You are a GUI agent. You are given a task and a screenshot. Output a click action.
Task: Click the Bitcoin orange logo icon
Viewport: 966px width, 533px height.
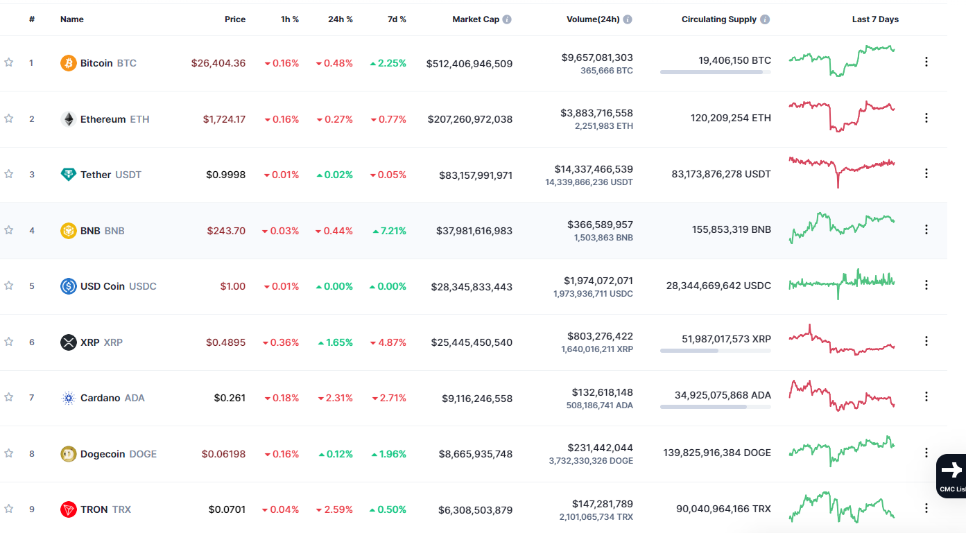coord(69,63)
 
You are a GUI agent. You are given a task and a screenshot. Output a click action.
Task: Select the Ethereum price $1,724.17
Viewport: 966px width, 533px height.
coord(224,119)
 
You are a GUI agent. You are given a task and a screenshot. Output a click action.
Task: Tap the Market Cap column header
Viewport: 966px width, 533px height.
coord(475,19)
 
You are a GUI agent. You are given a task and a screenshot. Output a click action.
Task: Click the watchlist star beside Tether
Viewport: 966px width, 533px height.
coord(9,174)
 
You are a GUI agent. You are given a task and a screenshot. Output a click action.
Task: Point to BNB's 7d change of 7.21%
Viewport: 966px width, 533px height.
coord(389,231)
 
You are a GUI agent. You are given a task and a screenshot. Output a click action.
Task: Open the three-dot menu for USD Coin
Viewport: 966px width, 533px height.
coord(926,285)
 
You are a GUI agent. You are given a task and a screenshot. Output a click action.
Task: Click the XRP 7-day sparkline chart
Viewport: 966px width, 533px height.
coord(841,341)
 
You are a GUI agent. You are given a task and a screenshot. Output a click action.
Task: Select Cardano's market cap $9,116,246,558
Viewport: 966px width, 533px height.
coord(477,399)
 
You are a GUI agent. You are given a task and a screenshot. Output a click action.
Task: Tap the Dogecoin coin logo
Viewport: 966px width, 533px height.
coord(69,454)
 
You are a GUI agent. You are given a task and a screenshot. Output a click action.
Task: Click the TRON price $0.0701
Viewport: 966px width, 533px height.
coord(227,510)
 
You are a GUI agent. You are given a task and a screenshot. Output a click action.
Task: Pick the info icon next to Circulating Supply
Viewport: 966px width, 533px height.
coord(765,19)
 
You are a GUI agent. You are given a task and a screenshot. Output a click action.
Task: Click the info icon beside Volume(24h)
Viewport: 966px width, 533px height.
coord(628,19)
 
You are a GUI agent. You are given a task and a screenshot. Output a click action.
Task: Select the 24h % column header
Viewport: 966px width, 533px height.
coord(340,19)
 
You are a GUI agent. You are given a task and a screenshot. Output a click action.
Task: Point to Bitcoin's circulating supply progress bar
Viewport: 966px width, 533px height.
coord(715,72)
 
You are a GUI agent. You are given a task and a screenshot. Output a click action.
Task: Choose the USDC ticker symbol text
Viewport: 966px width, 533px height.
coord(143,286)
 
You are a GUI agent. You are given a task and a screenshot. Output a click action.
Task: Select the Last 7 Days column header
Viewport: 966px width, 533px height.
coord(875,19)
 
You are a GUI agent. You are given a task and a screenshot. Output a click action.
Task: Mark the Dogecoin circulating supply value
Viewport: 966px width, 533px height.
coord(716,453)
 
